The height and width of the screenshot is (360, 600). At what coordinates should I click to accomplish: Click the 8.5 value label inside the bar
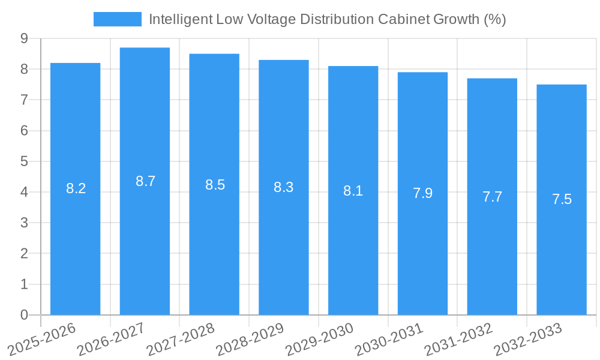coord(215,185)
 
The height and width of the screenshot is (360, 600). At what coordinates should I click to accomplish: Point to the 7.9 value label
coord(422,193)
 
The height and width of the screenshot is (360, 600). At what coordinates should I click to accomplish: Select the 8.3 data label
coord(283,187)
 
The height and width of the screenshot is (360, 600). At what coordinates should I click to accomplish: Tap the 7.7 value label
coord(492,197)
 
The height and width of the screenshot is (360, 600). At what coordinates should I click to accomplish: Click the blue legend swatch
coord(117,19)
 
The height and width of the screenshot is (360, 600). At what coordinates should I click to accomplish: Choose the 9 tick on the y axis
coord(24,38)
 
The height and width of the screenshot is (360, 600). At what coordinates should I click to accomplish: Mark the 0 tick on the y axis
coord(24,315)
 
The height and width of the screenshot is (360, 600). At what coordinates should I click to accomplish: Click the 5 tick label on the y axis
coord(24,161)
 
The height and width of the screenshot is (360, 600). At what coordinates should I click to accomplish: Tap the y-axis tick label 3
coord(24,223)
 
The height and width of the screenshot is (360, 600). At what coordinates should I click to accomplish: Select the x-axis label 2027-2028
coord(181,340)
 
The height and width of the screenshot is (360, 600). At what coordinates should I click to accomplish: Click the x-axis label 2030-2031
coord(389,340)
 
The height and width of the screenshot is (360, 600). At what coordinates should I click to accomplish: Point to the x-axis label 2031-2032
coord(458,340)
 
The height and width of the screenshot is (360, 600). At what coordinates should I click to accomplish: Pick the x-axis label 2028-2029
coord(250,340)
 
